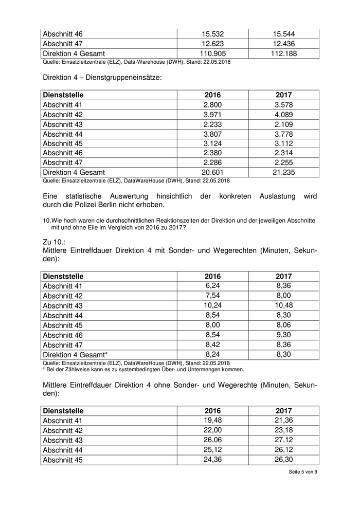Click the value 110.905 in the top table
(x=212, y=53)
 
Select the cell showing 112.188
(x=284, y=53)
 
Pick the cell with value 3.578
(x=284, y=105)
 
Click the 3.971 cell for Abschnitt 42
(x=212, y=115)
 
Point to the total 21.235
(x=284, y=172)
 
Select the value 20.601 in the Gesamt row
(x=212, y=172)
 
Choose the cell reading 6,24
(x=212, y=286)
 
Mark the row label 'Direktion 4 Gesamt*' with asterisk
(x=75, y=354)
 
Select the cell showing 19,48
(x=212, y=421)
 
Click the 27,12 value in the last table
(x=284, y=440)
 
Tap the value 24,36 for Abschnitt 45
(x=212, y=460)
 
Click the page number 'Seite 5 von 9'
(x=303, y=485)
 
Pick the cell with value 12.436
(x=284, y=44)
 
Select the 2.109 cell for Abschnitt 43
(x=284, y=124)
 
